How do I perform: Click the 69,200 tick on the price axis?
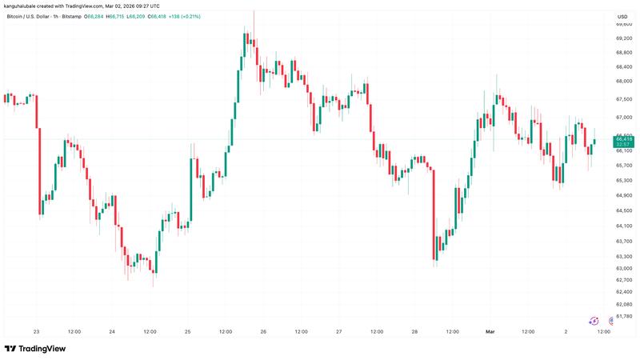(624, 38)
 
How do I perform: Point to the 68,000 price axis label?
(624, 81)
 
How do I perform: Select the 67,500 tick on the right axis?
(624, 99)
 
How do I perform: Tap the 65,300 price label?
(624, 180)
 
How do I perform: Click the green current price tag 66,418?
(624, 139)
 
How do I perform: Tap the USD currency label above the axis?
(622, 17)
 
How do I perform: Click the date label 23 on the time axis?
(36, 331)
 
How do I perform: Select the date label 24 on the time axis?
(112, 331)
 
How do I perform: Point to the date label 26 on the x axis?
(263, 331)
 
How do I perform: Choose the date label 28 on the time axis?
(414, 331)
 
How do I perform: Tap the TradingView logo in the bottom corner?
(35, 349)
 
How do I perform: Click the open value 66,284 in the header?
(118, 17)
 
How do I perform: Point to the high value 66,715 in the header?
(146, 17)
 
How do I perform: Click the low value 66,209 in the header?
(173, 17)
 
